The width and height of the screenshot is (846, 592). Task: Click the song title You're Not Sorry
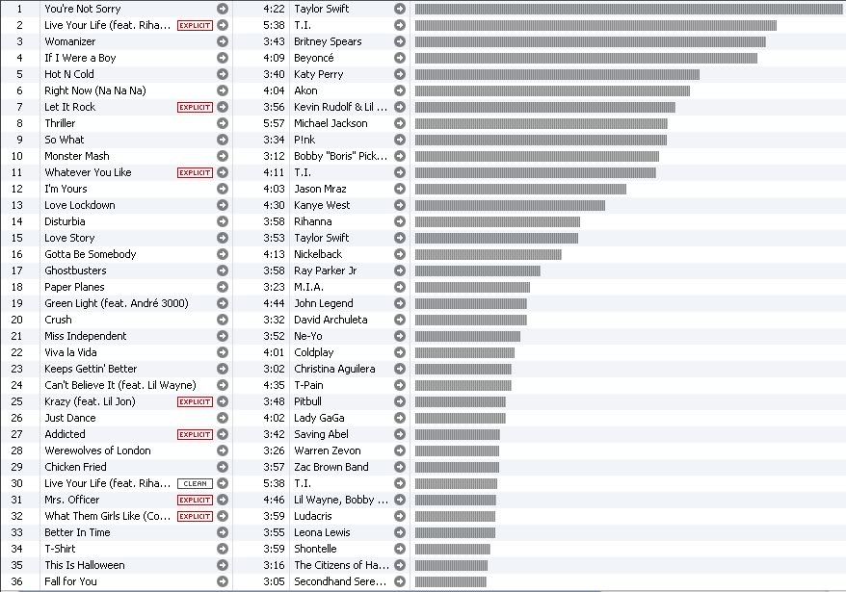(83, 9)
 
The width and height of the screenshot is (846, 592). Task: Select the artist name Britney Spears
(328, 41)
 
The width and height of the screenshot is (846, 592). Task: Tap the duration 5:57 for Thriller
(273, 123)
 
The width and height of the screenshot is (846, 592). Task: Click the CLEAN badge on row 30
(195, 483)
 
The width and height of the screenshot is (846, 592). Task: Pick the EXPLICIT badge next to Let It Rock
(195, 107)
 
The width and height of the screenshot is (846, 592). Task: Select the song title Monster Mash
(77, 156)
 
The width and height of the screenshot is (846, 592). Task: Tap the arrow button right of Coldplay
(400, 352)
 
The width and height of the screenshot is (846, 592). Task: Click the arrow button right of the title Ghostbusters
(223, 270)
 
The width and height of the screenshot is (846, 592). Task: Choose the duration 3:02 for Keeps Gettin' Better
(273, 369)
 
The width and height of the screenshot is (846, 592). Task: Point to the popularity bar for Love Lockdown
(510, 205)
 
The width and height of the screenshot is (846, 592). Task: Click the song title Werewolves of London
(97, 450)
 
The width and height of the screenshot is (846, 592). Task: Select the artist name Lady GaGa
(319, 418)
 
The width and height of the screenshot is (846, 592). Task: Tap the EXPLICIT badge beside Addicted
(195, 434)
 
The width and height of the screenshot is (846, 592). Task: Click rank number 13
(17, 205)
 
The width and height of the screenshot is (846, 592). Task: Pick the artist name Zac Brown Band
(330, 467)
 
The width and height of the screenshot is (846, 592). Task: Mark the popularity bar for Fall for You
(450, 581)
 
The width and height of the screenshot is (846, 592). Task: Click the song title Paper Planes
(76, 287)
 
